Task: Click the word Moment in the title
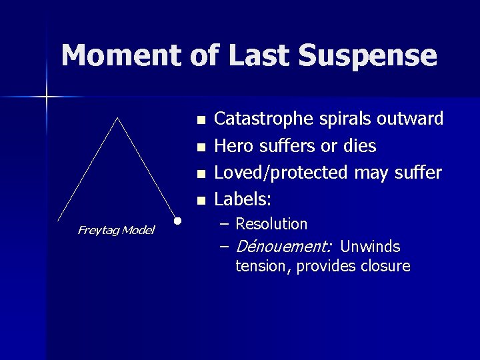pyautogui.click(x=117, y=56)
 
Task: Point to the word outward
pyautogui.click(x=410, y=119)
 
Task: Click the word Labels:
pyautogui.click(x=241, y=199)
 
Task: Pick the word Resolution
pyautogui.click(x=271, y=224)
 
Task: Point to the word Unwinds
pyautogui.click(x=369, y=247)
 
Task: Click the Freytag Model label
pyautogui.click(x=116, y=230)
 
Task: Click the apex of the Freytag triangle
pyautogui.click(x=117, y=118)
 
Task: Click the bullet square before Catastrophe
pyautogui.click(x=201, y=121)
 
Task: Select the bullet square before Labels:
pyautogui.click(x=201, y=201)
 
